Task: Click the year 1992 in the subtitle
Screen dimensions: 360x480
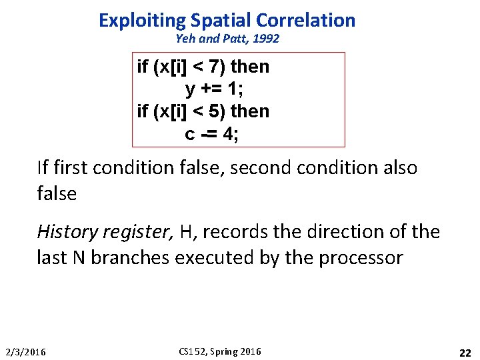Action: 266,39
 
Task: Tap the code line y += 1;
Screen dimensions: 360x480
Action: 213,89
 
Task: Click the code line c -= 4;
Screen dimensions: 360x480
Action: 212,134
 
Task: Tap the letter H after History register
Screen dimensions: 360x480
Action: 187,232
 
